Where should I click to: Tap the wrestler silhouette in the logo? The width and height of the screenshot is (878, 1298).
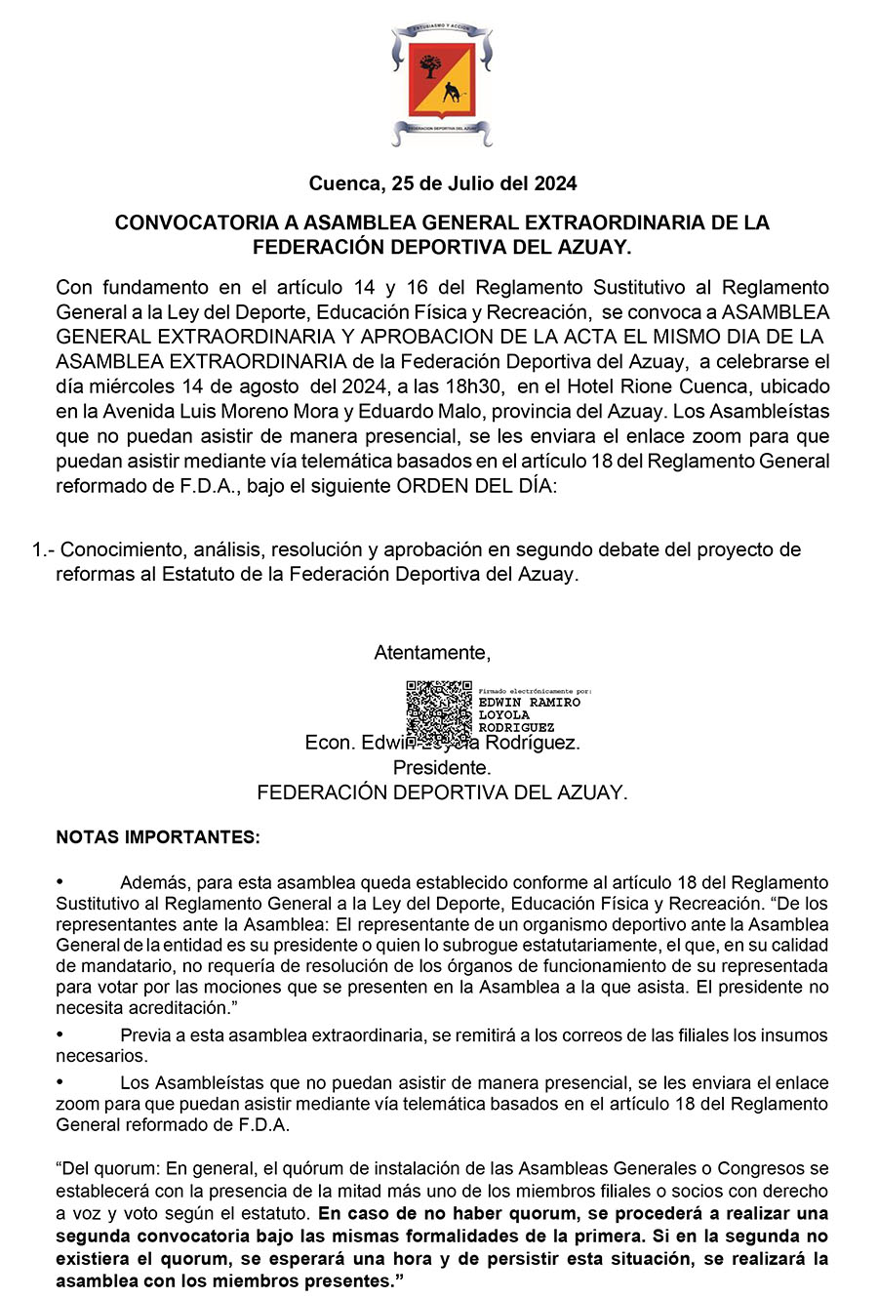(452, 95)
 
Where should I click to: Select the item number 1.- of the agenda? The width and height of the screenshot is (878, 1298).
(43, 549)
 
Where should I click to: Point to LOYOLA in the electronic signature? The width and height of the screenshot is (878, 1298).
(504, 715)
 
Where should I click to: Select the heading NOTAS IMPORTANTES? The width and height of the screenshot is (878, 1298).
(158, 837)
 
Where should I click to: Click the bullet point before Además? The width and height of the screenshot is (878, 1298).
(60, 881)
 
